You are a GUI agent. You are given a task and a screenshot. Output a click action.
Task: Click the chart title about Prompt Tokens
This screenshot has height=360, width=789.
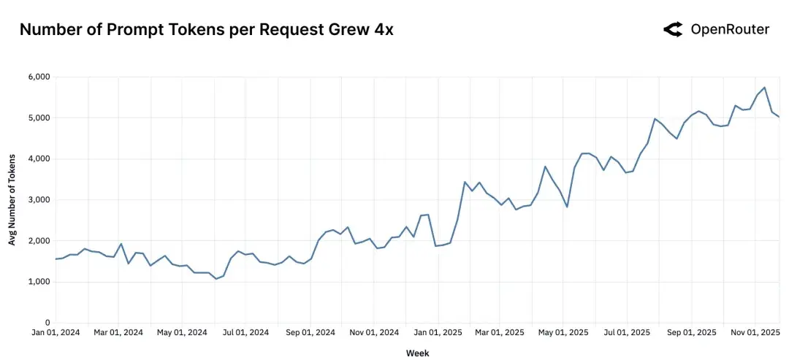pyautogui.click(x=206, y=30)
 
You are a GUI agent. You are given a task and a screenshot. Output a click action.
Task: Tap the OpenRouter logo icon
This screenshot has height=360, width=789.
pyautogui.click(x=673, y=29)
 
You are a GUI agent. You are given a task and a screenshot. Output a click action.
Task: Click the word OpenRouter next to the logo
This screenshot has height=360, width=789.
pyautogui.click(x=730, y=29)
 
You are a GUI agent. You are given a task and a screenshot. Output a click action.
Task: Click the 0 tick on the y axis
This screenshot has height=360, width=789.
pyautogui.click(x=47, y=323)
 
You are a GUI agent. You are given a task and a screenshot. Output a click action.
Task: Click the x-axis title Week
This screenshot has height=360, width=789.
pyautogui.click(x=418, y=353)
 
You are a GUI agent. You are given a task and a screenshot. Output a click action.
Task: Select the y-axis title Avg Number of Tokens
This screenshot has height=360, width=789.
pyautogui.click(x=12, y=199)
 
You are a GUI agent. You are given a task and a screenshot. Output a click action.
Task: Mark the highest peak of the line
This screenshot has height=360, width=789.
pyautogui.click(x=764, y=88)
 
